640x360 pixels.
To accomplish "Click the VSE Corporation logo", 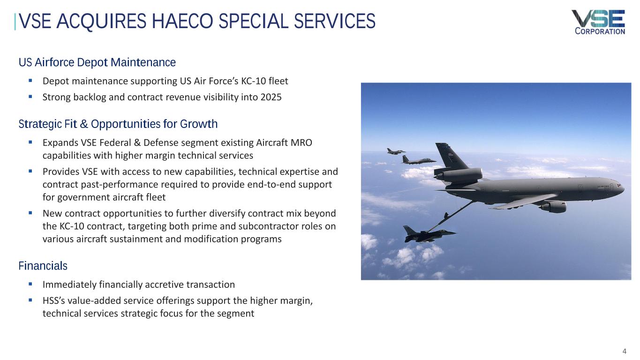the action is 598,22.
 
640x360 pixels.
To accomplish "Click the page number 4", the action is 624,351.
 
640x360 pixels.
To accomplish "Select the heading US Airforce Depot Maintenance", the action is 97,62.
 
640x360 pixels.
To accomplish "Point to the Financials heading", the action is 43,266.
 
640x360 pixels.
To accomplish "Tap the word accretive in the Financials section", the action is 164,285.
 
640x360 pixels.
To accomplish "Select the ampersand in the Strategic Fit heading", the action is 84,124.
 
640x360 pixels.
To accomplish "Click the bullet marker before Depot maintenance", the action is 30,81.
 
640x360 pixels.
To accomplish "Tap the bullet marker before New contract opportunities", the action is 30,213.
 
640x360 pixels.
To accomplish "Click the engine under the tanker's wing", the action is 553,206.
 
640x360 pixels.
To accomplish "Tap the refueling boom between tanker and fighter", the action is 452,216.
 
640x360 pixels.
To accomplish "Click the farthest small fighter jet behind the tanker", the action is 396,151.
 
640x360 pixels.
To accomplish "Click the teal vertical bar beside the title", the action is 15,22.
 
